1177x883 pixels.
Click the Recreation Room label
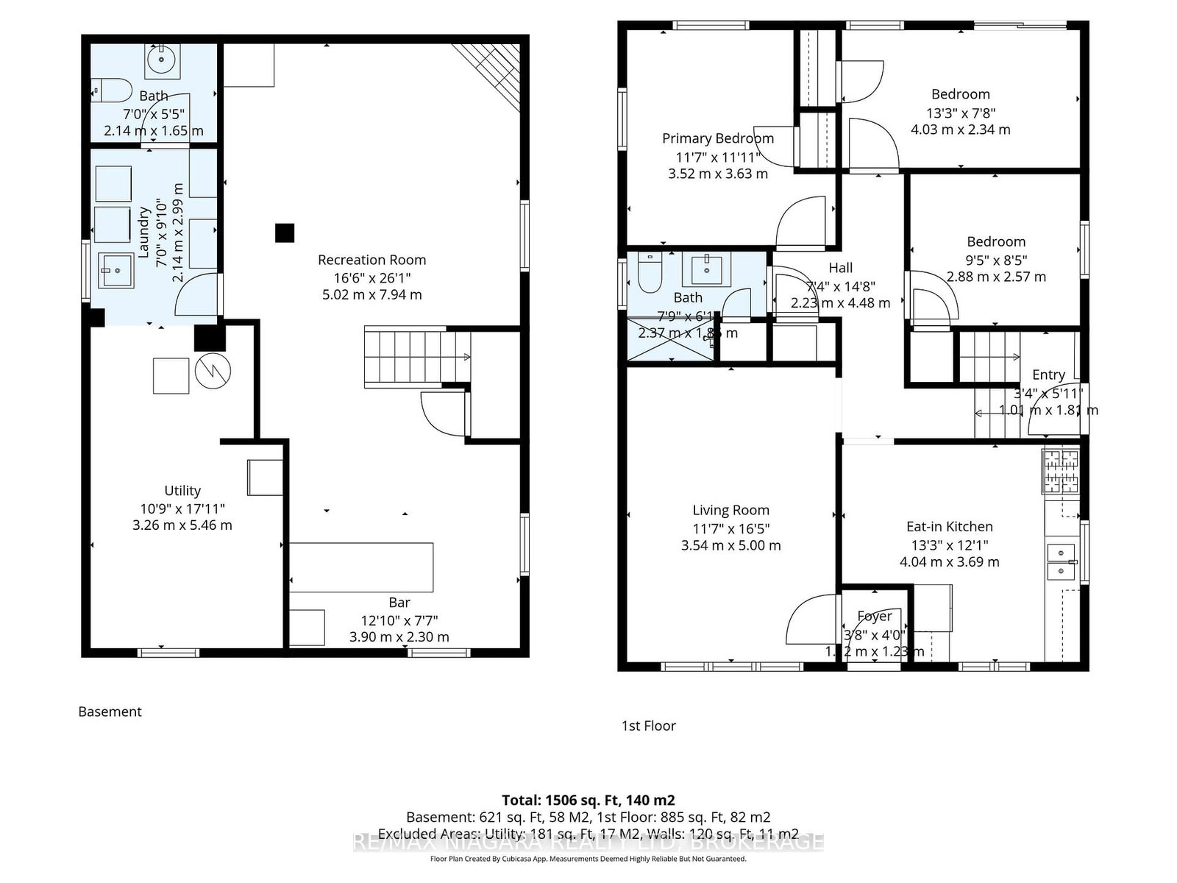point(371,260)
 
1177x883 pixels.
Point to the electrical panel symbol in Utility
point(213,372)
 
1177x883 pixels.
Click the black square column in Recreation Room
point(285,233)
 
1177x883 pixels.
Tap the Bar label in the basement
point(399,603)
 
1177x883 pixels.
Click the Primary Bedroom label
point(717,138)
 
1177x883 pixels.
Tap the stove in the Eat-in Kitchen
point(1060,471)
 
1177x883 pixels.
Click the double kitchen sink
point(1061,561)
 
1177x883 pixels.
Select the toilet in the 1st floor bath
point(650,273)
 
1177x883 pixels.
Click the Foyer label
point(874,616)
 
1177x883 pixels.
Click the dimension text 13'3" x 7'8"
point(960,113)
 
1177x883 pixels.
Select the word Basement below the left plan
point(110,712)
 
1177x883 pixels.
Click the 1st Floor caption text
point(648,726)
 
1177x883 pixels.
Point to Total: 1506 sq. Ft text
point(588,800)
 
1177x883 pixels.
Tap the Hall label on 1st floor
point(840,268)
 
